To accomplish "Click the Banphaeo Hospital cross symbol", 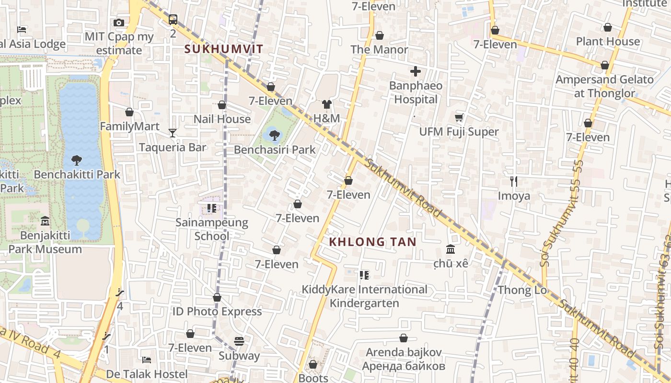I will [416, 72].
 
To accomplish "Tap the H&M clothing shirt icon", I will [327, 104].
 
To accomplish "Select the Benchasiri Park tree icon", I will [274, 135].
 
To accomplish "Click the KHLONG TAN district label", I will [373, 242].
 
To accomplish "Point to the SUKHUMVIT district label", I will [224, 49].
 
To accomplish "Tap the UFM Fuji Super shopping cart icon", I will [459, 117].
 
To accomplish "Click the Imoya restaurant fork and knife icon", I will [514, 181].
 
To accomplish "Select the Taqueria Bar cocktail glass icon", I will [173, 133].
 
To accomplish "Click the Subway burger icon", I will [239, 341].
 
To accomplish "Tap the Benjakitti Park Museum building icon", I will [45, 221].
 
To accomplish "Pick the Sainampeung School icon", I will [212, 208].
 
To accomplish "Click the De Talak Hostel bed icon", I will [147, 360].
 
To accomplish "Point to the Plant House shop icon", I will [608, 27].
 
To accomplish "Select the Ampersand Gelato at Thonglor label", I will [604, 86].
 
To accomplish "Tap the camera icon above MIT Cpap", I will [119, 23].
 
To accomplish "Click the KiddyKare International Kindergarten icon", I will [364, 275].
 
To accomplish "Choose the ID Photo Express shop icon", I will [217, 297].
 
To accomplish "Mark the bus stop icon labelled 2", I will [173, 20].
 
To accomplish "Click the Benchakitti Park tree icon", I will [77, 160].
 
